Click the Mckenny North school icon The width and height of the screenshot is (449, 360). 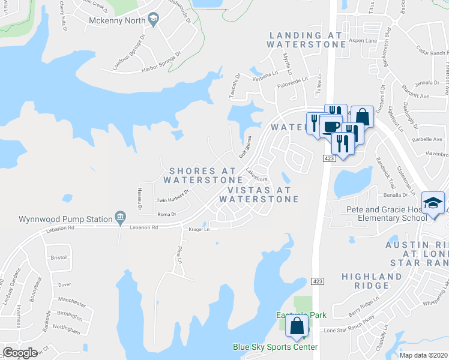(154, 20)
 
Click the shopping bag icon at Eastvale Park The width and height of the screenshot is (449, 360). (298, 327)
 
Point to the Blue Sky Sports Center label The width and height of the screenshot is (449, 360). (276, 347)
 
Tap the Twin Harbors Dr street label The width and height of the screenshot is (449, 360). (172, 200)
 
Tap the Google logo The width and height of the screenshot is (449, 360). (20, 353)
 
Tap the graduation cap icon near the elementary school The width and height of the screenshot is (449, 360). (432, 203)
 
